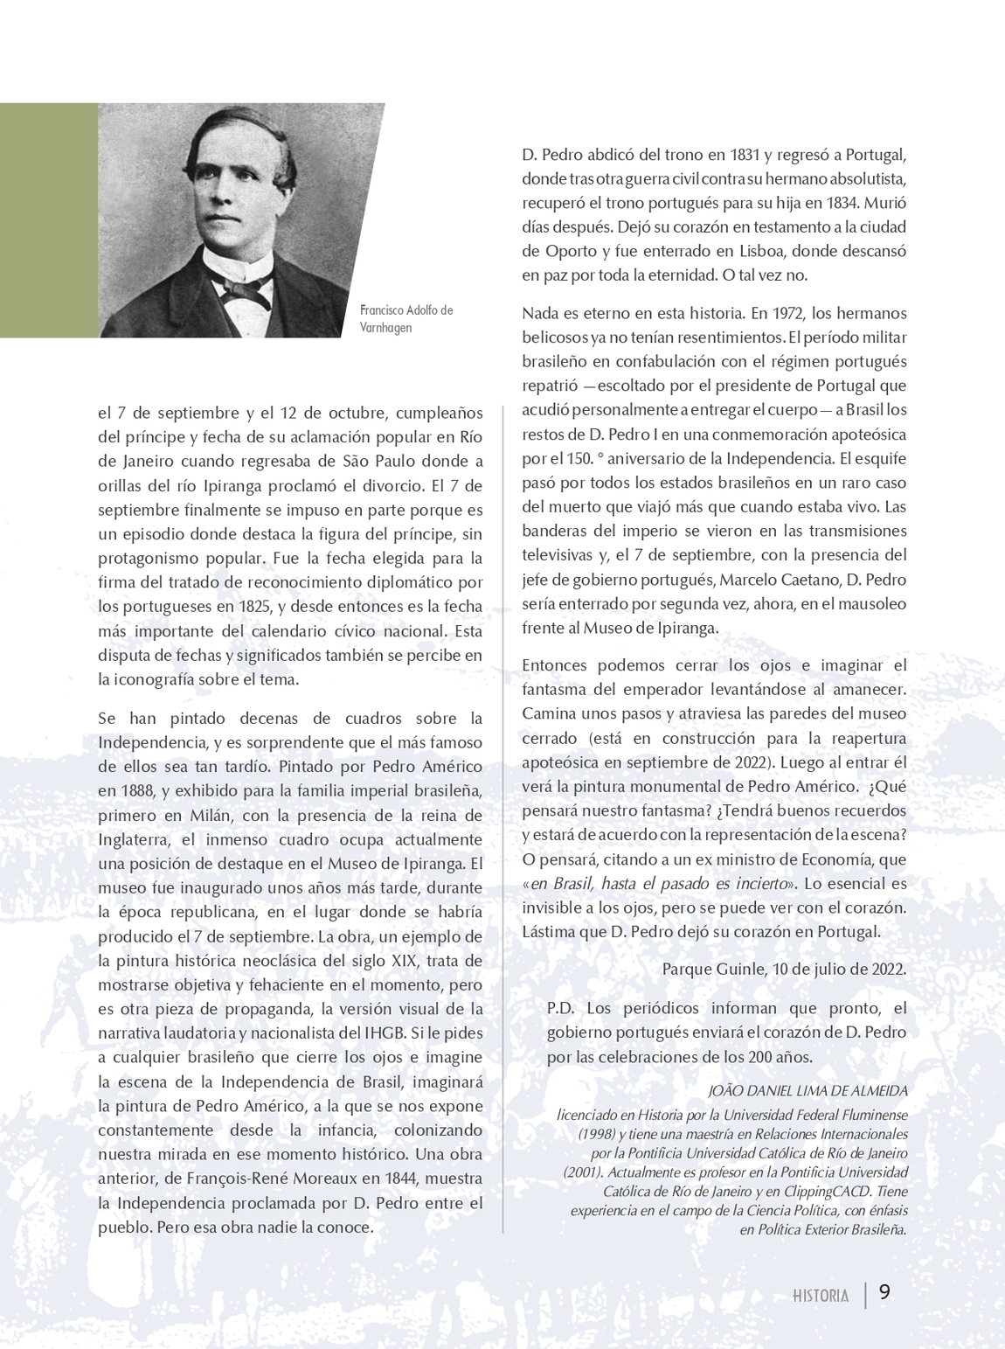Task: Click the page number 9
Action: (x=884, y=1292)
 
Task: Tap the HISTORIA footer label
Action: (x=820, y=1296)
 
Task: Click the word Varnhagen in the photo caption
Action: (x=385, y=328)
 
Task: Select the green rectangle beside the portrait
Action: (x=48, y=219)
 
